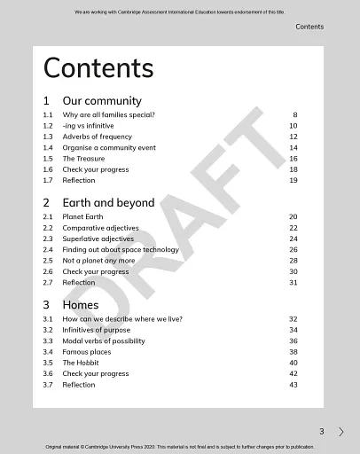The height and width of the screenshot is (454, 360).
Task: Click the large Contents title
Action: click(98, 68)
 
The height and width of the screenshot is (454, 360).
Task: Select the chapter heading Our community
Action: click(101, 101)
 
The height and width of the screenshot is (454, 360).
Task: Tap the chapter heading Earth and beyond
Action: click(108, 203)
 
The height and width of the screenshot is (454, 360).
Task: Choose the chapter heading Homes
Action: click(81, 305)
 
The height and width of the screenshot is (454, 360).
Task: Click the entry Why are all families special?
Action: click(108, 115)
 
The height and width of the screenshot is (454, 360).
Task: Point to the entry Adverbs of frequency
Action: click(97, 137)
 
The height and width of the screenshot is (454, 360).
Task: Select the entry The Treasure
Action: click(83, 159)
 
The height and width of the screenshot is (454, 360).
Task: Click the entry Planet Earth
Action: click(82, 217)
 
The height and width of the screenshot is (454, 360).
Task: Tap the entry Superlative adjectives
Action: click(98, 239)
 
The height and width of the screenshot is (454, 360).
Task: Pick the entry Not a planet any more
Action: click(98, 261)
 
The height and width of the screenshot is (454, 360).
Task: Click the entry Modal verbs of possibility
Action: click(104, 341)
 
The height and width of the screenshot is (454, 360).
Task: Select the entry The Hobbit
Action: click(81, 363)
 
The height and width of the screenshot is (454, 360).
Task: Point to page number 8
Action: click(294, 115)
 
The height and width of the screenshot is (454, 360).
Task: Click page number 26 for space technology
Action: click(293, 250)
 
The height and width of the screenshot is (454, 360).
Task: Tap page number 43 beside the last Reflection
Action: click(293, 385)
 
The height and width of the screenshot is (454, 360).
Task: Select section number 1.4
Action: click(48, 148)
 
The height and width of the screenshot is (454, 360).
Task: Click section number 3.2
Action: click(48, 330)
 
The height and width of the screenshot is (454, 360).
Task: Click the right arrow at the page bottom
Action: click(341, 432)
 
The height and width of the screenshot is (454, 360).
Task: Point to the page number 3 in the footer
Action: click(322, 432)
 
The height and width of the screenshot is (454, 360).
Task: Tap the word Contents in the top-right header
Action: click(309, 27)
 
